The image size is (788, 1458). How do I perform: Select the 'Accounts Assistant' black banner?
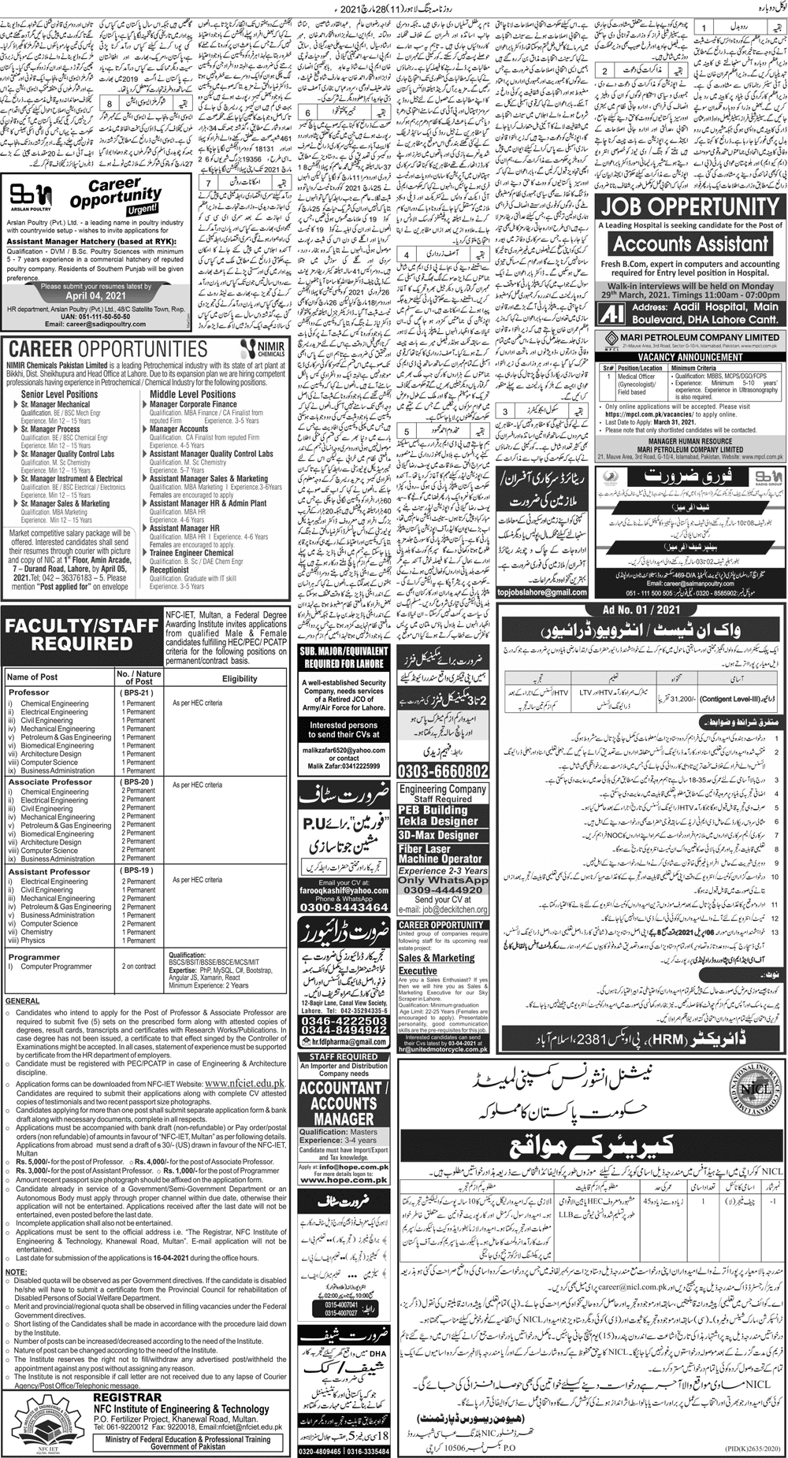click(x=689, y=243)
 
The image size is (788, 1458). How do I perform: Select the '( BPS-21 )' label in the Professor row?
click(x=138, y=692)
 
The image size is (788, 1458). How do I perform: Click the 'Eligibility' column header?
click(x=240, y=678)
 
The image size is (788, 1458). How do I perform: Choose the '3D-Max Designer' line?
click(x=438, y=835)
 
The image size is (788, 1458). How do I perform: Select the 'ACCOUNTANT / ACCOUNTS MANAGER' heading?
click(x=343, y=1104)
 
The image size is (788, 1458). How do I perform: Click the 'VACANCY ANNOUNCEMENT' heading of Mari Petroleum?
click(x=689, y=356)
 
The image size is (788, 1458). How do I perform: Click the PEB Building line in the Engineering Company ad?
click(x=433, y=810)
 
